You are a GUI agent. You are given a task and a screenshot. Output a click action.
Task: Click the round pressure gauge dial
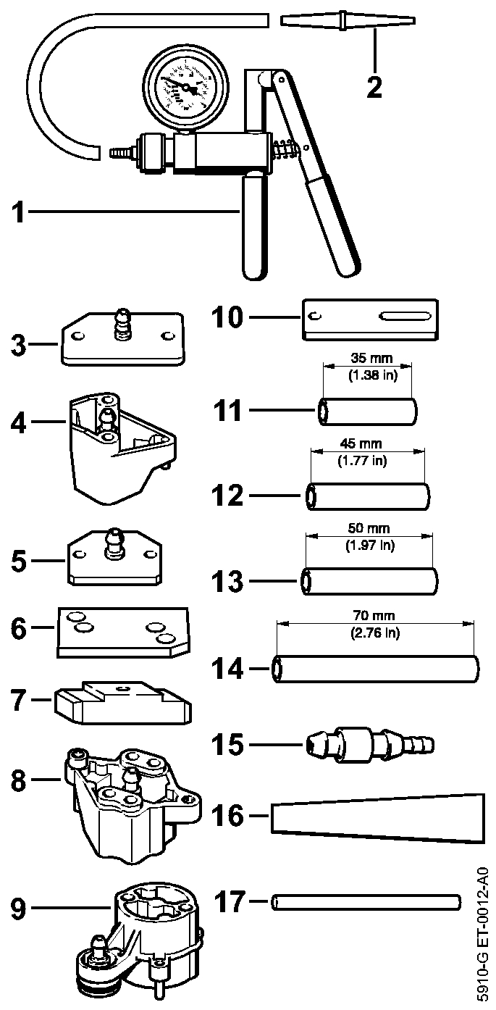point(185,86)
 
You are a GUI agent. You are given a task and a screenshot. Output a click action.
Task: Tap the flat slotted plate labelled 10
point(370,318)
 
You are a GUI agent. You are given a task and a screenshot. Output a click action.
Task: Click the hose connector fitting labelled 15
point(369,744)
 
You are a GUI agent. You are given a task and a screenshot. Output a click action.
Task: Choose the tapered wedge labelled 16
point(377,816)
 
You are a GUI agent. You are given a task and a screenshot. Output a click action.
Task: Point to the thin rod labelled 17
point(366,901)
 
